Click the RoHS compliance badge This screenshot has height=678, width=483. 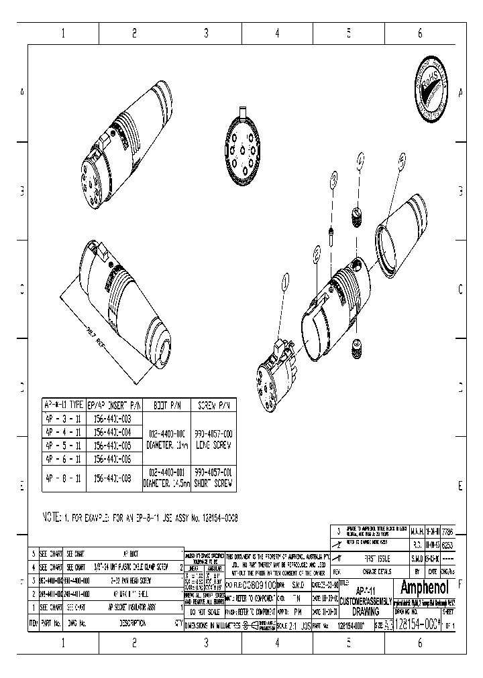(429, 93)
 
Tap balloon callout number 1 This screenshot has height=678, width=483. (286, 282)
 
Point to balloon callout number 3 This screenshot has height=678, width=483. (334, 178)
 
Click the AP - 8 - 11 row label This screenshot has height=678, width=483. (63, 477)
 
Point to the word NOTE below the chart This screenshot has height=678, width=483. (52, 518)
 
